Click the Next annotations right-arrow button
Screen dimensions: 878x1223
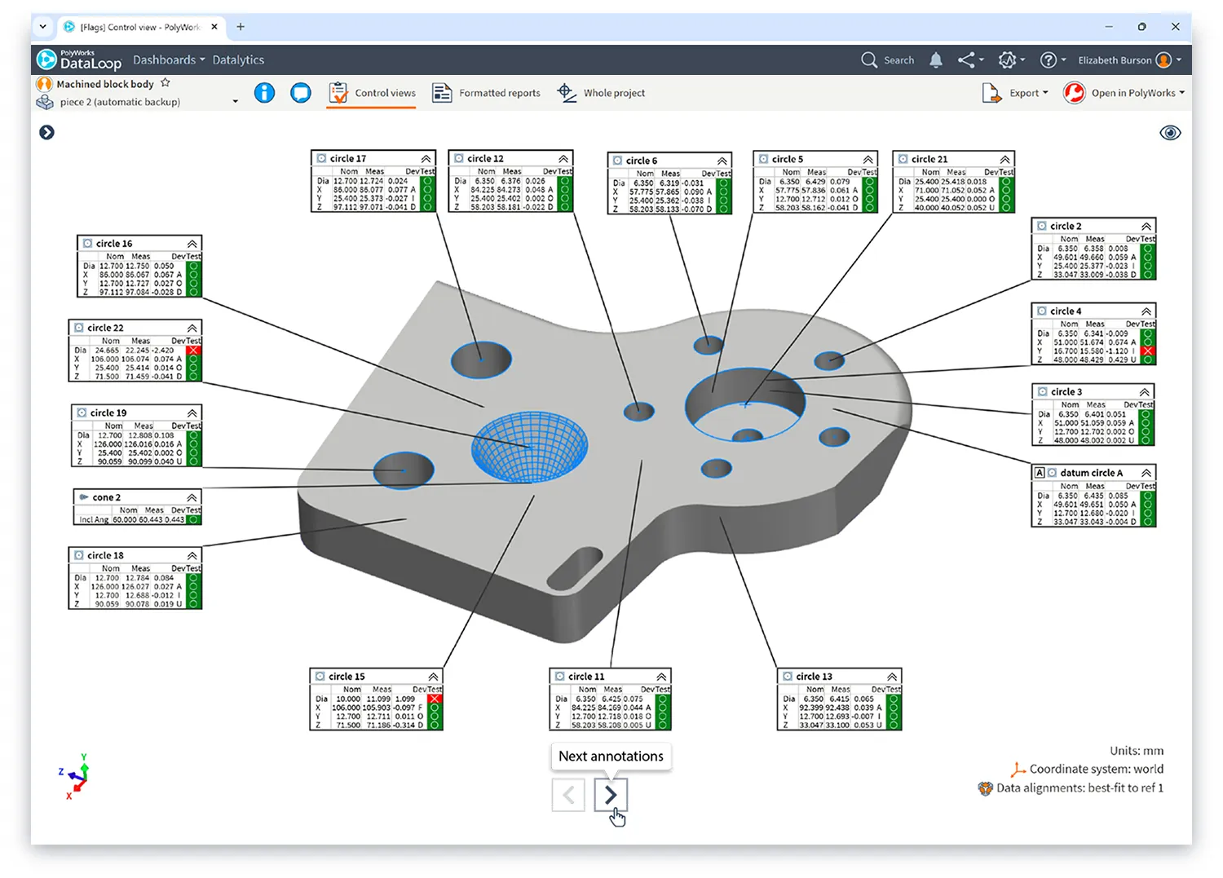(x=611, y=794)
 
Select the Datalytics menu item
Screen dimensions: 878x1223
(x=238, y=60)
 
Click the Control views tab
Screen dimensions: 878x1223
(x=373, y=93)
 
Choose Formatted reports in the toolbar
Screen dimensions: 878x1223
(x=487, y=93)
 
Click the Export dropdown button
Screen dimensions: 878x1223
(x=1016, y=93)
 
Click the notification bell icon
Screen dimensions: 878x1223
(x=936, y=60)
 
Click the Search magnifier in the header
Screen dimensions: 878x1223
(x=869, y=60)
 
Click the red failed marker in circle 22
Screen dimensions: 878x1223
(x=193, y=351)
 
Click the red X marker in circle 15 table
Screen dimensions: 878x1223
(x=435, y=699)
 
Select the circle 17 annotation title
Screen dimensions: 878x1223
(x=348, y=159)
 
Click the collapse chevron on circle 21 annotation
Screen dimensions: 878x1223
(x=1004, y=160)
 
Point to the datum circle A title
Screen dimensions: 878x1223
(x=1091, y=473)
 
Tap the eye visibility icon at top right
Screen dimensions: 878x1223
(x=1170, y=133)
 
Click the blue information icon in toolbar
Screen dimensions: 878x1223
(x=264, y=93)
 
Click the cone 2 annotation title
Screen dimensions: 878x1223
(x=106, y=497)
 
